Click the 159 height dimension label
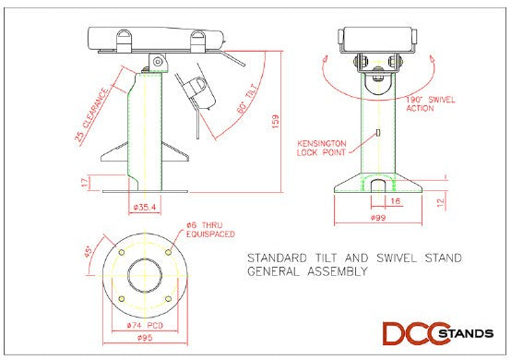click(x=274, y=122)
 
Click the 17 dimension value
click(x=86, y=182)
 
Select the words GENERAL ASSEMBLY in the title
click(x=308, y=272)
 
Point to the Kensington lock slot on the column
click(x=377, y=136)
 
